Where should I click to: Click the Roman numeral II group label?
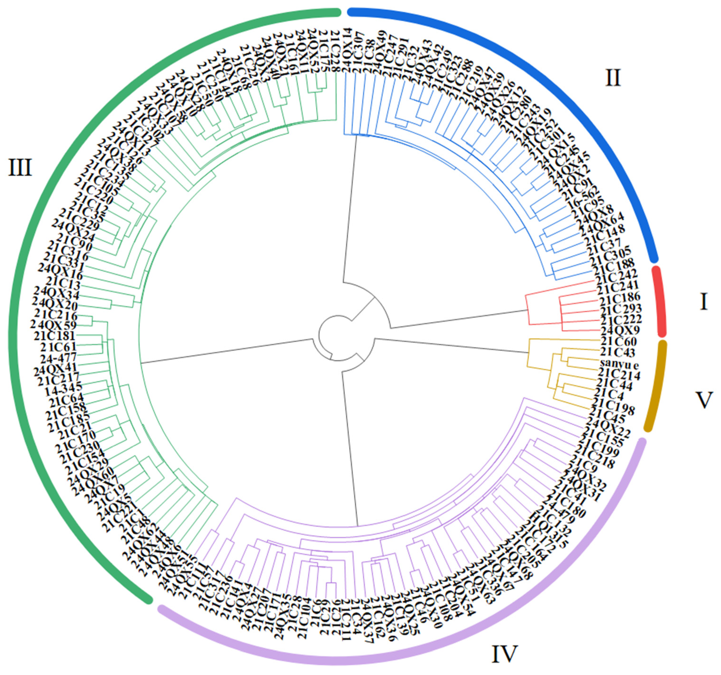[613, 78]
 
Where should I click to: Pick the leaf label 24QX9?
[620, 330]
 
